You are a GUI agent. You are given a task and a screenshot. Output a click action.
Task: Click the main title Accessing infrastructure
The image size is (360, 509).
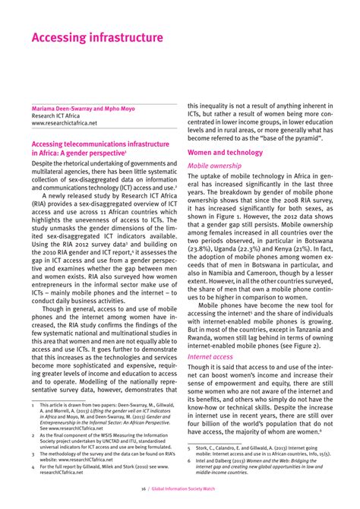click(x=96, y=37)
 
